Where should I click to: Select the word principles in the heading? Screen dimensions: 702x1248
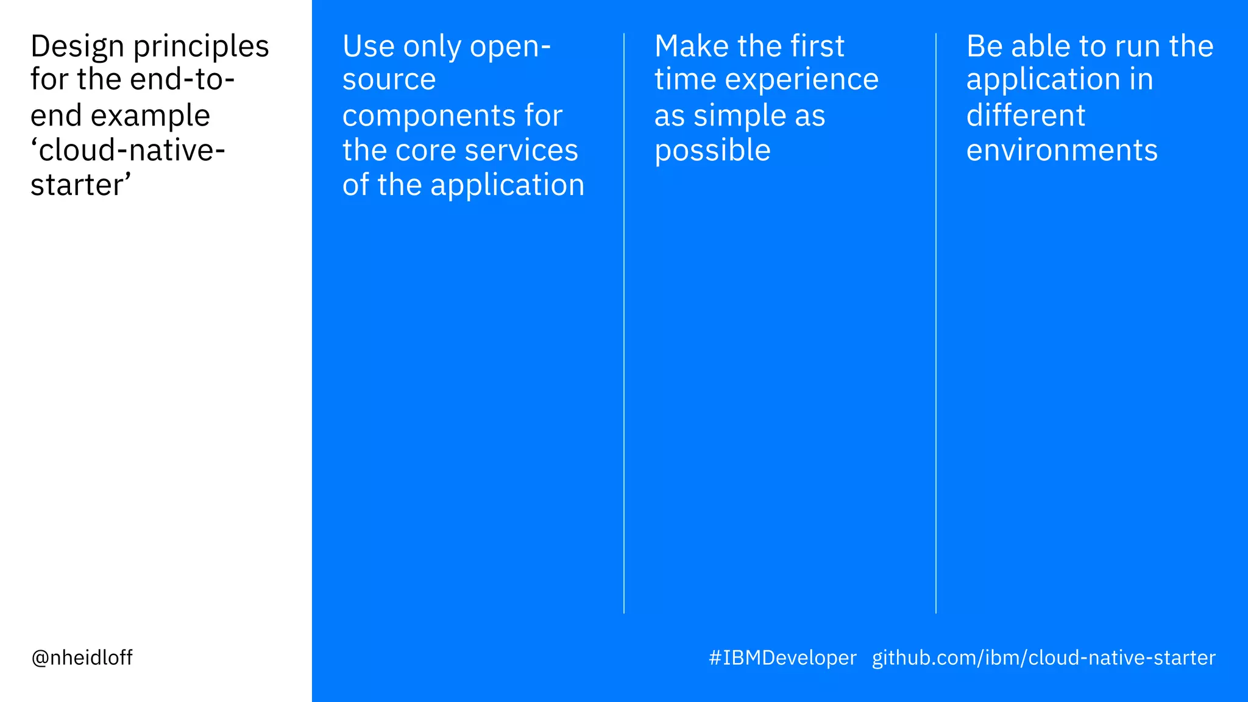(x=201, y=47)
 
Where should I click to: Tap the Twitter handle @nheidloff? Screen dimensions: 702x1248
(x=82, y=658)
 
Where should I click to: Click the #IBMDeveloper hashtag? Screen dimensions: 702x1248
(x=782, y=658)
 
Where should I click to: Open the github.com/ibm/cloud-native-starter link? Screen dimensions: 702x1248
(x=1043, y=658)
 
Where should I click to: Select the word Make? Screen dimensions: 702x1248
(x=690, y=46)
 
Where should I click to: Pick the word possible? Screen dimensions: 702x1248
(x=712, y=151)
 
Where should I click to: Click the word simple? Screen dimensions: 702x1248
(x=740, y=116)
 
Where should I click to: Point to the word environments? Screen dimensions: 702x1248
(x=1062, y=150)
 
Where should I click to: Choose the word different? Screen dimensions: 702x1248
(x=1026, y=116)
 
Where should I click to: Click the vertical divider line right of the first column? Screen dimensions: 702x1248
(x=624, y=323)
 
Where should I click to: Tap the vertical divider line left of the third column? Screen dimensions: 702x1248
(x=936, y=323)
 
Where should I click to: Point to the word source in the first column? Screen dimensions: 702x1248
(x=389, y=80)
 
